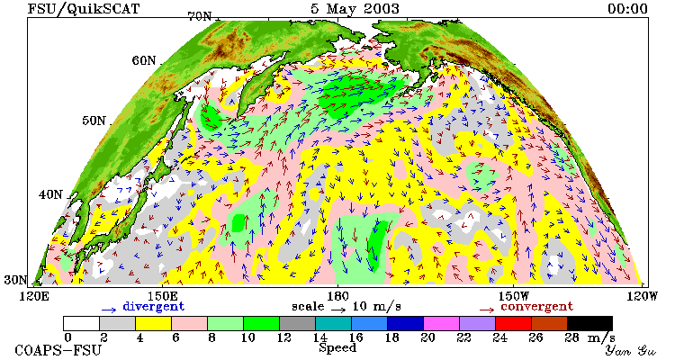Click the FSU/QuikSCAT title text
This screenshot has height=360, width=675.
pyautogui.click(x=84, y=9)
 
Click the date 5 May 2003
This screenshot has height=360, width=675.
pyautogui.click(x=355, y=9)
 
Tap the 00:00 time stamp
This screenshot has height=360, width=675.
pyautogui.click(x=627, y=9)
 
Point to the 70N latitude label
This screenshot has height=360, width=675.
pyautogui.click(x=200, y=17)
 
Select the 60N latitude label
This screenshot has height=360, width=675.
pyautogui.click(x=144, y=60)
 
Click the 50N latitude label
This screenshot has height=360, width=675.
pyautogui.click(x=94, y=121)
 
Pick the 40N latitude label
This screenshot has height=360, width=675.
pyautogui.click(x=50, y=194)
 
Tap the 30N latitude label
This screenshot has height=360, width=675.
pyautogui.click(x=15, y=280)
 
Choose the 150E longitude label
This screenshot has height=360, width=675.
pyautogui.click(x=162, y=296)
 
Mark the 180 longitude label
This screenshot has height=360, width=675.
pyautogui.click(x=337, y=296)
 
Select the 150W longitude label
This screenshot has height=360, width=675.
pyautogui.click(x=514, y=296)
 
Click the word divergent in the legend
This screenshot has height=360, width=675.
pyautogui.click(x=154, y=307)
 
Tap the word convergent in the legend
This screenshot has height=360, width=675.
pyautogui.click(x=536, y=307)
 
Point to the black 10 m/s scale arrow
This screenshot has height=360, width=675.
pyautogui.click(x=338, y=309)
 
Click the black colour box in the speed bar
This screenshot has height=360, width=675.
pyautogui.click(x=589, y=323)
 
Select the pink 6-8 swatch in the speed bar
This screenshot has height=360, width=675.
pyautogui.click(x=189, y=323)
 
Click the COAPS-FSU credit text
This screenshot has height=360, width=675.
pyautogui.click(x=58, y=350)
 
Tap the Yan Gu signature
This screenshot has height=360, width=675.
pyautogui.click(x=630, y=350)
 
